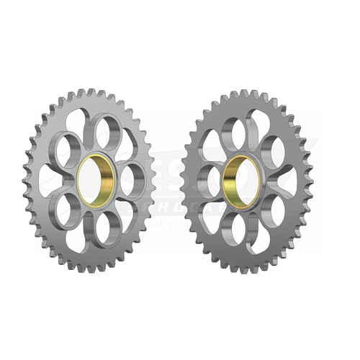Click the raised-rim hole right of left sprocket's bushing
pyautogui.click(x=130, y=180)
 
